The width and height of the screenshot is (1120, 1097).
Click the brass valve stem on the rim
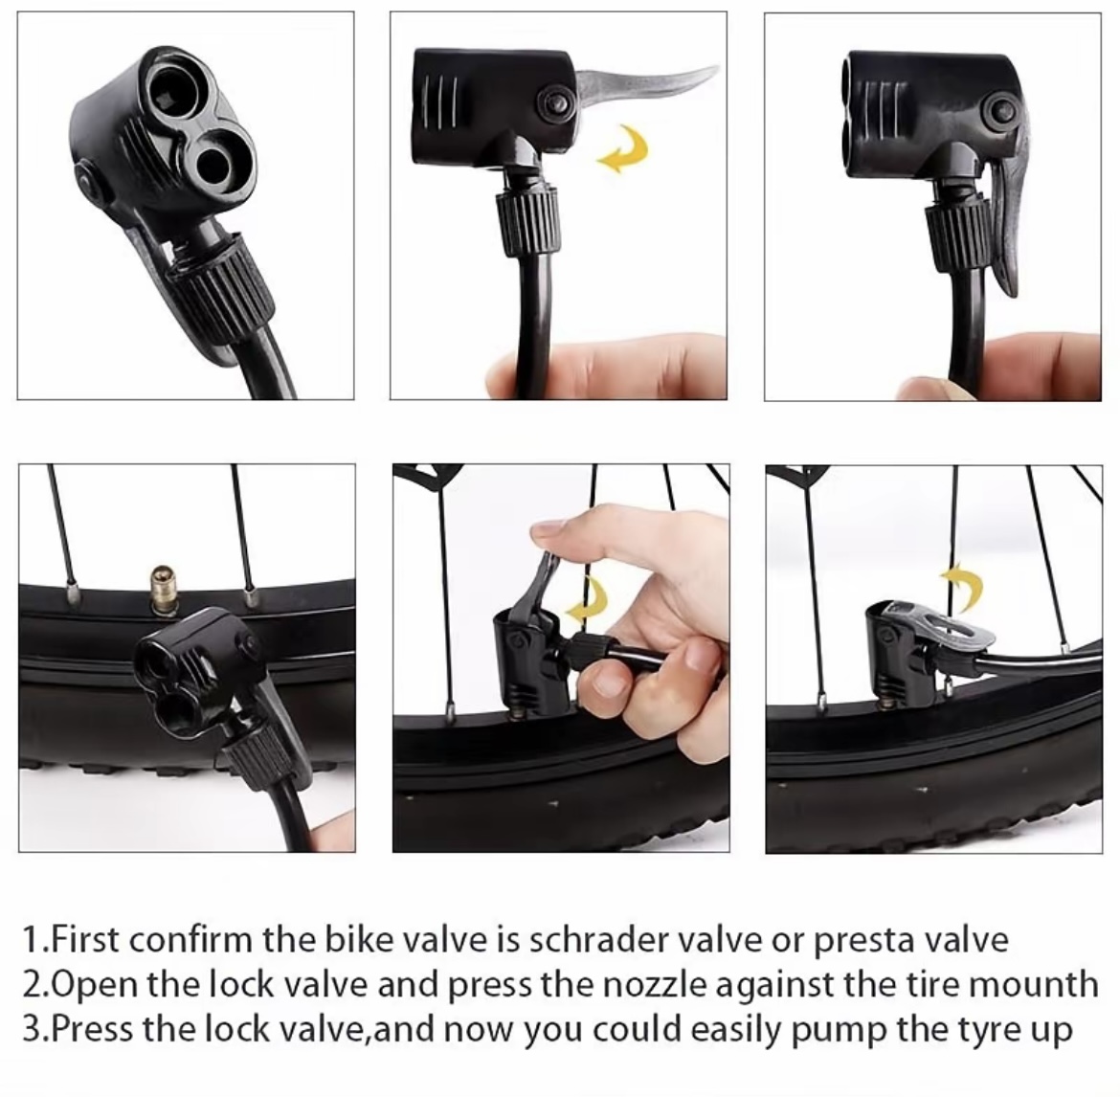tap(163, 590)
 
